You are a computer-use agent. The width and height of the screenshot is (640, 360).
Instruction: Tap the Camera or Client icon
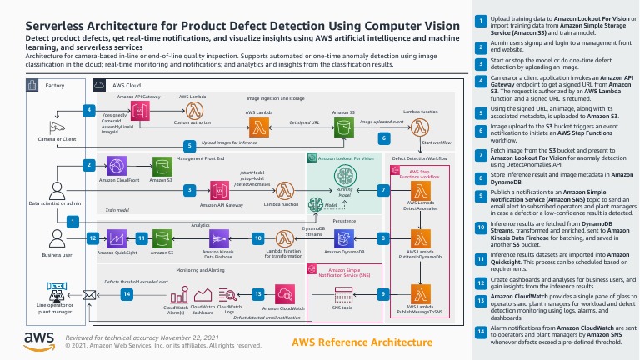click(56, 127)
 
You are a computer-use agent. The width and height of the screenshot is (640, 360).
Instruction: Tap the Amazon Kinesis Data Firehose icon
click(219, 238)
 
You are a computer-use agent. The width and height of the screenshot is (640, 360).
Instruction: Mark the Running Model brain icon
click(344, 176)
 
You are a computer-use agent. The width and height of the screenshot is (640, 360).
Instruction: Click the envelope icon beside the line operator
click(88, 294)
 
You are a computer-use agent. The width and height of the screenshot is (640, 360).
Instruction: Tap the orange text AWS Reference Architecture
click(350, 342)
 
